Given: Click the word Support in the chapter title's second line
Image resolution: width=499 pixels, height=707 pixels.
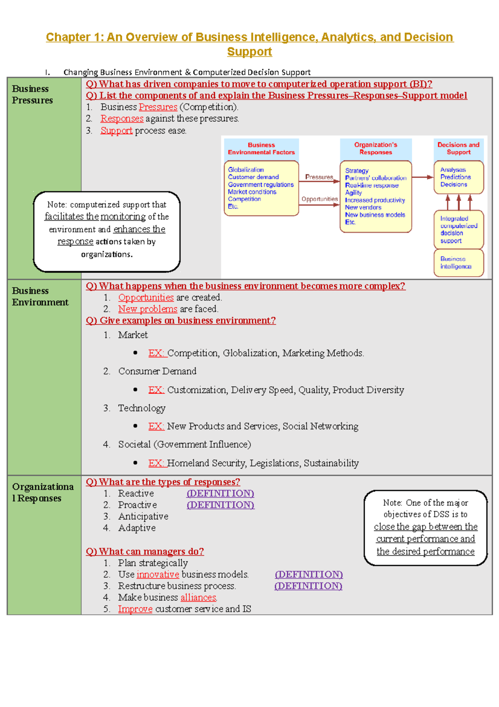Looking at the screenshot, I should click(x=249, y=52).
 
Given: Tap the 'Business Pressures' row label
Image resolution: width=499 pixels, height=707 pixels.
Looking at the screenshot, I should click(x=32, y=95).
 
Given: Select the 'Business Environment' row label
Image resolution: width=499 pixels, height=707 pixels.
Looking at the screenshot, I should click(x=40, y=296).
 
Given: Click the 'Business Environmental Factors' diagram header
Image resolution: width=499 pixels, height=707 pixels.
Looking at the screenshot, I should click(x=261, y=149).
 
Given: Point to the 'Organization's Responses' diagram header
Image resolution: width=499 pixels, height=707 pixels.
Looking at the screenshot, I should click(x=375, y=148).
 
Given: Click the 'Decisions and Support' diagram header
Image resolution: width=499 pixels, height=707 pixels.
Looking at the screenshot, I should click(x=458, y=148).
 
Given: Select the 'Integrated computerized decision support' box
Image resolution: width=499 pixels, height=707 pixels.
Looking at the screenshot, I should click(x=458, y=229).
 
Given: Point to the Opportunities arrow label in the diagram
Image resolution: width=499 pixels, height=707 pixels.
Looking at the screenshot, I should click(x=319, y=199).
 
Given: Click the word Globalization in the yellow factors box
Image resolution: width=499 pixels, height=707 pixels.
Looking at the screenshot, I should click(x=246, y=169).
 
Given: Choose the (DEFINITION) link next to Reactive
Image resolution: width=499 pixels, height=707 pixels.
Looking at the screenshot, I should click(x=220, y=493).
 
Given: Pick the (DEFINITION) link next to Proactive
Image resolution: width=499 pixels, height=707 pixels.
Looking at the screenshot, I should click(x=220, y=505).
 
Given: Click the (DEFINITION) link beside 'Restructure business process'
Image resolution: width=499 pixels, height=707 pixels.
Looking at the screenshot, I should click(x=308, y=586).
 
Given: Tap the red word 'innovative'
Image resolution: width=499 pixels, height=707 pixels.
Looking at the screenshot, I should click(x=158, y=575).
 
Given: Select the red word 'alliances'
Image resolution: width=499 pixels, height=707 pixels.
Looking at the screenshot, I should click(x=198, y=597).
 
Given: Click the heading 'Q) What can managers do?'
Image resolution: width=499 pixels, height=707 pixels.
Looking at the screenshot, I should click(x=145, y=552).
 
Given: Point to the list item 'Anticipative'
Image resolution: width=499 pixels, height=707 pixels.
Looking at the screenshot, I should click(x=143, y=517).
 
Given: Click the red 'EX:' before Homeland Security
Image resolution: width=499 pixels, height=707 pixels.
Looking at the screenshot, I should click(x=156, y=463).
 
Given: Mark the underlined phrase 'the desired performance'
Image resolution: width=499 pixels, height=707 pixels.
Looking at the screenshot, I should click(x=425, y=552).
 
